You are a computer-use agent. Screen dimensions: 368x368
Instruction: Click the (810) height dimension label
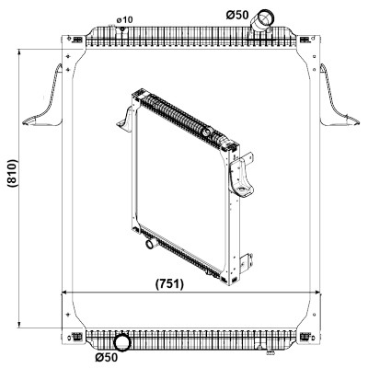pos(14,173)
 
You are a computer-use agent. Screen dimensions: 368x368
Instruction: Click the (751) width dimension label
pos(169,284)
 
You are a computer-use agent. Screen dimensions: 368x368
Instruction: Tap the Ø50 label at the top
pos(237,15)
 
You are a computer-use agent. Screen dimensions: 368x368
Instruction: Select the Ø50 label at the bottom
pos(107,357)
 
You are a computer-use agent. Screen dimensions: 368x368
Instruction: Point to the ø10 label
pos(124,20)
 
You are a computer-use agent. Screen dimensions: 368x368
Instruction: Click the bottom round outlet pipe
pos(122,342)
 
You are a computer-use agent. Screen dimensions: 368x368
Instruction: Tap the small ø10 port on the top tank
pos(122,29)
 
